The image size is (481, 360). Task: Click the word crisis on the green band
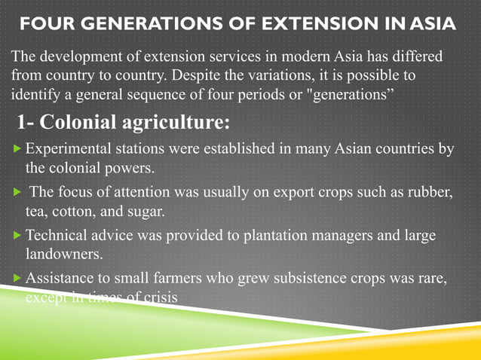pos(158,297)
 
